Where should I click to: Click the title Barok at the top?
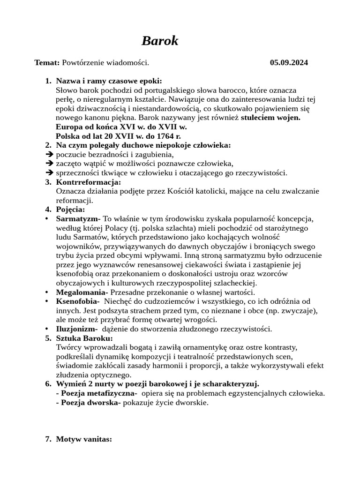click(x=160, y=41)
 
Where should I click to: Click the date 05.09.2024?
click(x=289, y=63)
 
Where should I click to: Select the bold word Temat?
click(x=47, y=63)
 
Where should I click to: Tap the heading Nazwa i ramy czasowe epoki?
click(x=109, y=81)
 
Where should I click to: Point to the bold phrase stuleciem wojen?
click(x=270, y=118)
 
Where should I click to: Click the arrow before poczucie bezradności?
click(x=50, y=155)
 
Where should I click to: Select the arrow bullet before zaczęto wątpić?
click(x=50, y=164)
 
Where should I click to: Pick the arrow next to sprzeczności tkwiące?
click(x=50, y=173)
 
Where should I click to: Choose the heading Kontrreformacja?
click(x=88, y=182)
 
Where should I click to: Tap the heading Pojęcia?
click(x=70, y=210)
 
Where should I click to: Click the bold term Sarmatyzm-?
click(x=78, y=219)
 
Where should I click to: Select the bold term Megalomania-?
click(x=82, y=292)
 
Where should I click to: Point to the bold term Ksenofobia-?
click(x=77, y=301)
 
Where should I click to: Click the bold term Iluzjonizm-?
click(x=77, y=329)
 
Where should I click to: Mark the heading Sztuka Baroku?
click(x=84, y=338)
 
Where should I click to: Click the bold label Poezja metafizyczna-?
click(x=97, y=393)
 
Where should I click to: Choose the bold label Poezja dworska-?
click(x=88, y=403)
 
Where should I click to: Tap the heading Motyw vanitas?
click(x=84, y=439)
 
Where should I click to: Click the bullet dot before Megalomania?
click(x=46, y=292)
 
